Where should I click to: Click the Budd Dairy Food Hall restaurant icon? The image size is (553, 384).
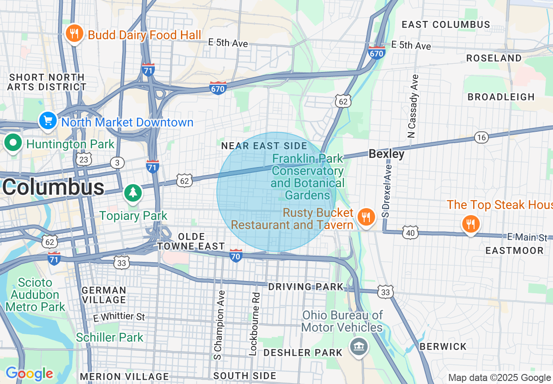point(75,34)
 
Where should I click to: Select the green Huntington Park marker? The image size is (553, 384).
point(14,143)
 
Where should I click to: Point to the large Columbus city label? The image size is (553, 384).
point(53,188)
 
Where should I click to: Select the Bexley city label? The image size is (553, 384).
point(386,154)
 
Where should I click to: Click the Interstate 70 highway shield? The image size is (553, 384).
point(236,256)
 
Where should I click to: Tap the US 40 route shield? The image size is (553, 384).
point(410,233)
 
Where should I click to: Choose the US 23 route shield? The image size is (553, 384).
point(84,159)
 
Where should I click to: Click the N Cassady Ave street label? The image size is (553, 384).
point(413,106)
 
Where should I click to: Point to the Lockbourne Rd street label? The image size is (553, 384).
point(255,323)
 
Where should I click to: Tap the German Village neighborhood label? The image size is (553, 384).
point(104,295)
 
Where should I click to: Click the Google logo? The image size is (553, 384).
point(29,374)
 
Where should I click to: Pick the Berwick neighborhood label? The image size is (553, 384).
point(443,346)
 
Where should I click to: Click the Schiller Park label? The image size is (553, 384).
point(109,337)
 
